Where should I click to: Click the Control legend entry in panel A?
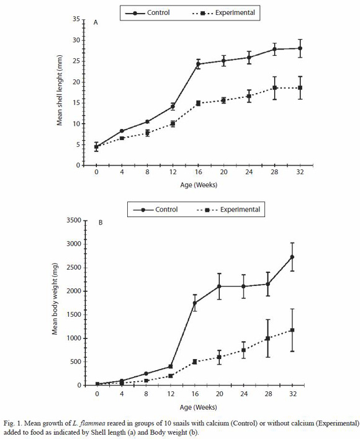point(147,13)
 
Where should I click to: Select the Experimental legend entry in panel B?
point(229,210)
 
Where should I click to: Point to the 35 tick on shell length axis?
point(76,19)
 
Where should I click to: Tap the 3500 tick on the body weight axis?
point(74,220)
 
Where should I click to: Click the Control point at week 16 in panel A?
point(198,64)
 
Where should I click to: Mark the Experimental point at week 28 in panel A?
point(274,87)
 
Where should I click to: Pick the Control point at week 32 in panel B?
point(292,257)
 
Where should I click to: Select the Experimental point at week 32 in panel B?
point(292,330)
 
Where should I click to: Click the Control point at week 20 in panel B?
point(219,286)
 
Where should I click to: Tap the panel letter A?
point(96,23)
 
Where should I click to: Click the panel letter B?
point(101,223)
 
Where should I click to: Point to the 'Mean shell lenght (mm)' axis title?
point(60,90)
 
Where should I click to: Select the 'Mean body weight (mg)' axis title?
point(55,299)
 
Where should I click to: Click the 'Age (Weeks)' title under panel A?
point(199,185)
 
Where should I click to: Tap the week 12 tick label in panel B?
point(171,394)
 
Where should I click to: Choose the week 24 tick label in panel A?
point(249,172)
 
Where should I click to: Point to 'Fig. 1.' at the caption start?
point(12,423)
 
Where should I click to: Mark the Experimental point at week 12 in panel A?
point(173,124)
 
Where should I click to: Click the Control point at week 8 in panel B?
point(146,373)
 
